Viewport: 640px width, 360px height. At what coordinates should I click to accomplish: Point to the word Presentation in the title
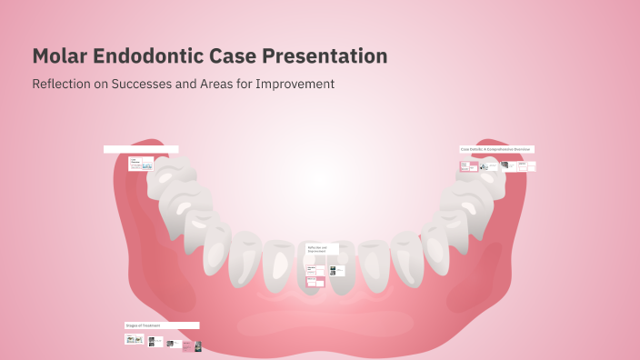(325, 56)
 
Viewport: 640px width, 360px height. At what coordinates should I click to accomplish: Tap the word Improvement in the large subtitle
(295, 84)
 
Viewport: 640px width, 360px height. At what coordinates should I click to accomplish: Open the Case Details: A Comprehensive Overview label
(496, 149)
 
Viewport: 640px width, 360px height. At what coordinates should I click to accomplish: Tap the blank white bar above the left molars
(141, 149)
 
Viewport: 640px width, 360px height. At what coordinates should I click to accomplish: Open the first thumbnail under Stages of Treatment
(134, 339)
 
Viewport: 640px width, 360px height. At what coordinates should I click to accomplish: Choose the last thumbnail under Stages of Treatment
(196, 346)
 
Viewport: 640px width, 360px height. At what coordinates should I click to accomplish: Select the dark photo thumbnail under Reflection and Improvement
(333, 270)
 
